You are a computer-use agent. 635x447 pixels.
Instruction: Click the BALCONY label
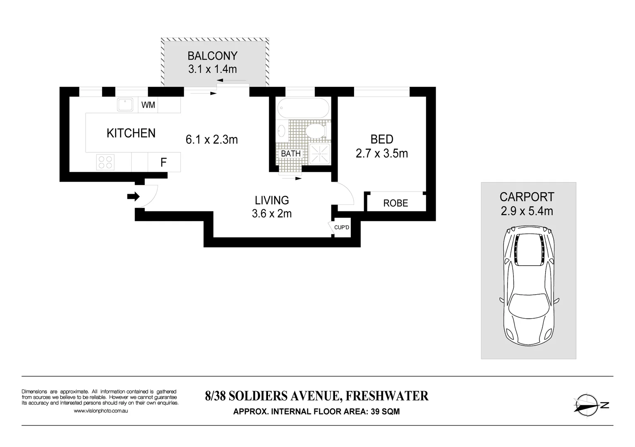click(212, 56)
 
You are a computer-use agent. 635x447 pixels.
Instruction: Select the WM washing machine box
click(148, 105)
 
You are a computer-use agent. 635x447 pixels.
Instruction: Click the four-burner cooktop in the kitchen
click(105, 162)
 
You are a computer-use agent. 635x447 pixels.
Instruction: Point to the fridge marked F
click(164, 162)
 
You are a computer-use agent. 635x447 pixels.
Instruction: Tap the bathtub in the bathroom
click(303, 108)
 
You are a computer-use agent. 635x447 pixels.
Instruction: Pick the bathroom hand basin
click(281, 131)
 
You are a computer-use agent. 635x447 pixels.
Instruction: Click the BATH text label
click(290, 154)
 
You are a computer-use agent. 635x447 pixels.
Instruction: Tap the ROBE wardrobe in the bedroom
click(395, 203)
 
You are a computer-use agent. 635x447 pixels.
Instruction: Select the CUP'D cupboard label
click(342, 228)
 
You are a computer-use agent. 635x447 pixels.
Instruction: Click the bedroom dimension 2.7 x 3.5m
click(382, 154)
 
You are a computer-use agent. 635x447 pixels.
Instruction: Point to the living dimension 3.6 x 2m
click(272, 214)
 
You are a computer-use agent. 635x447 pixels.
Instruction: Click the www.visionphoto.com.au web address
click(101, 411)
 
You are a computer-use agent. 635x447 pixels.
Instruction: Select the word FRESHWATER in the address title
click(387, 396)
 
